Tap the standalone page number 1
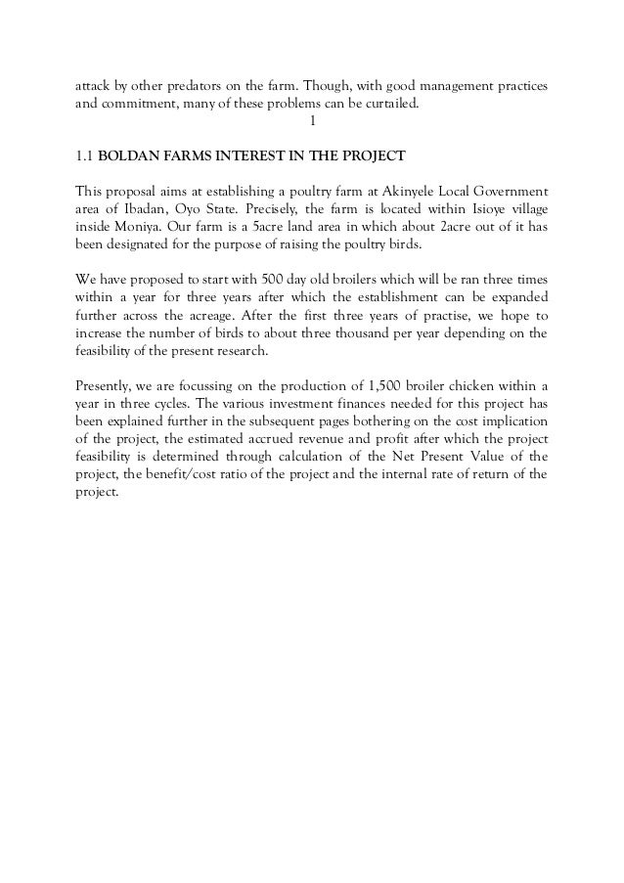click(x=311, y=121)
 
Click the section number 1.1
click(x=84, y=155)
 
